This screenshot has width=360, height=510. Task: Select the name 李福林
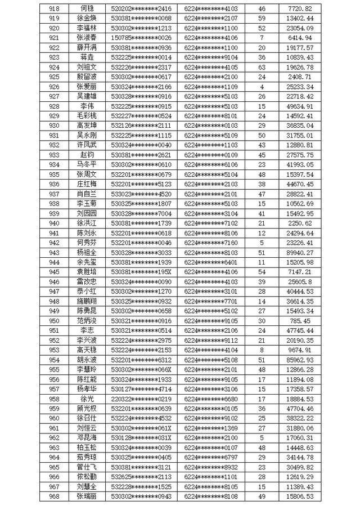pyautogui.click(x=87, y=28)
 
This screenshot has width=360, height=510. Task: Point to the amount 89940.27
pyautogui.click(x=303, y=252)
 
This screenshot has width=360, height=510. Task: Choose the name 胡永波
pyautogui.click(x=87, y=360)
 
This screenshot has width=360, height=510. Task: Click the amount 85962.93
pyautogui.click(x=303, y=360)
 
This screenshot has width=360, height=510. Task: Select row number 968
pyautogui.click(x=55, y=496)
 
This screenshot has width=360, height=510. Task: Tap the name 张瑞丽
pyautogui.click(x=87, y=496)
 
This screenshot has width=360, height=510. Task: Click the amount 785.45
pyautogui.click(x=303, y=320)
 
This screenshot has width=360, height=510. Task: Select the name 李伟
pyautogui.click(x=87, y=106)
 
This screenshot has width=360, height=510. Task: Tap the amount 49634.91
pyautogui.click(x=303, y=106)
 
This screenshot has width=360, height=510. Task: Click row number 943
pyautogui.click(x=55, y=252)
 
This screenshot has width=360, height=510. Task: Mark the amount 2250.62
pyautogui.click(x=303, y=223)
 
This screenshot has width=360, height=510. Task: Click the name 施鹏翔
pyautogui.click(x=87, y=301)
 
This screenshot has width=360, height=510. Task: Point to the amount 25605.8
pyautogui.click(x=303, y=281)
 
